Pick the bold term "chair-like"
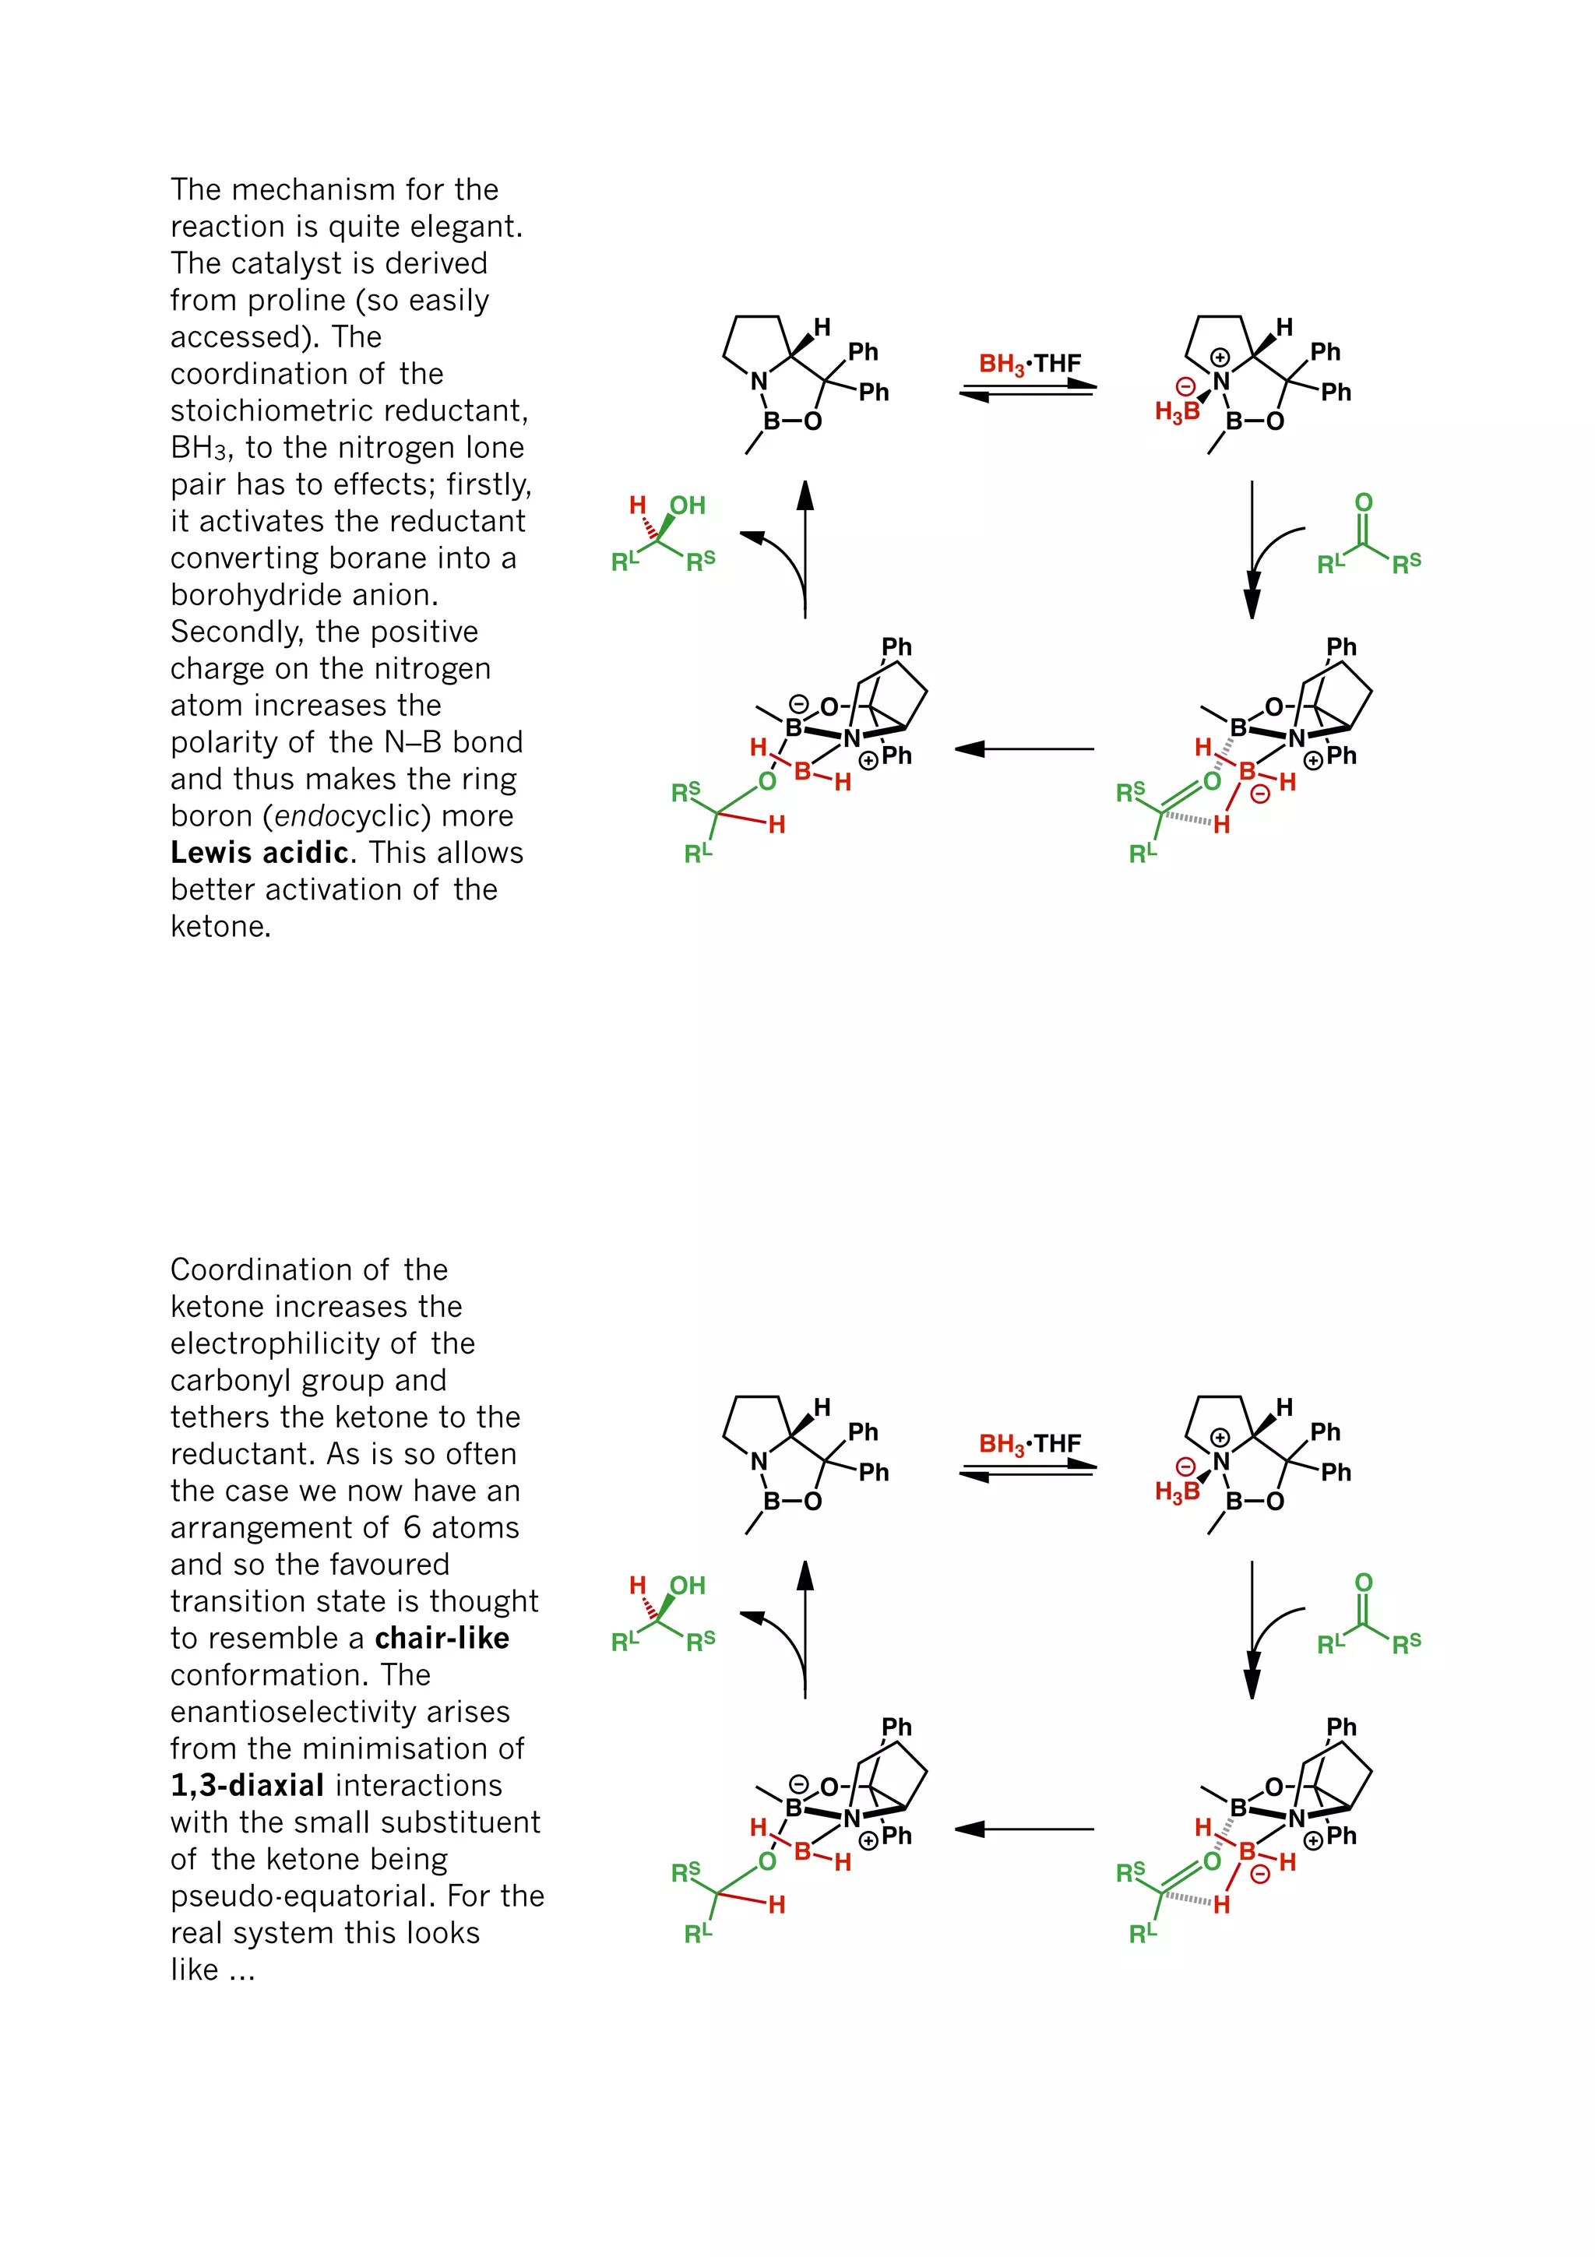click(x=442, y=1639)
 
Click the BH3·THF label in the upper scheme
click(x=1029, y=364)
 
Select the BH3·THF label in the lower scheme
click(x=1029, y=1444)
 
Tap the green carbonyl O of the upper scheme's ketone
click(x=1363, y=502)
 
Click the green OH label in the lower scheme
click(x=687, y=1586)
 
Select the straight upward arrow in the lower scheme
click(x=805, y=1628)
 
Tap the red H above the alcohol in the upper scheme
click(x=638, y=505)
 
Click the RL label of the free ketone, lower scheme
click(x=1331, y=1643)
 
